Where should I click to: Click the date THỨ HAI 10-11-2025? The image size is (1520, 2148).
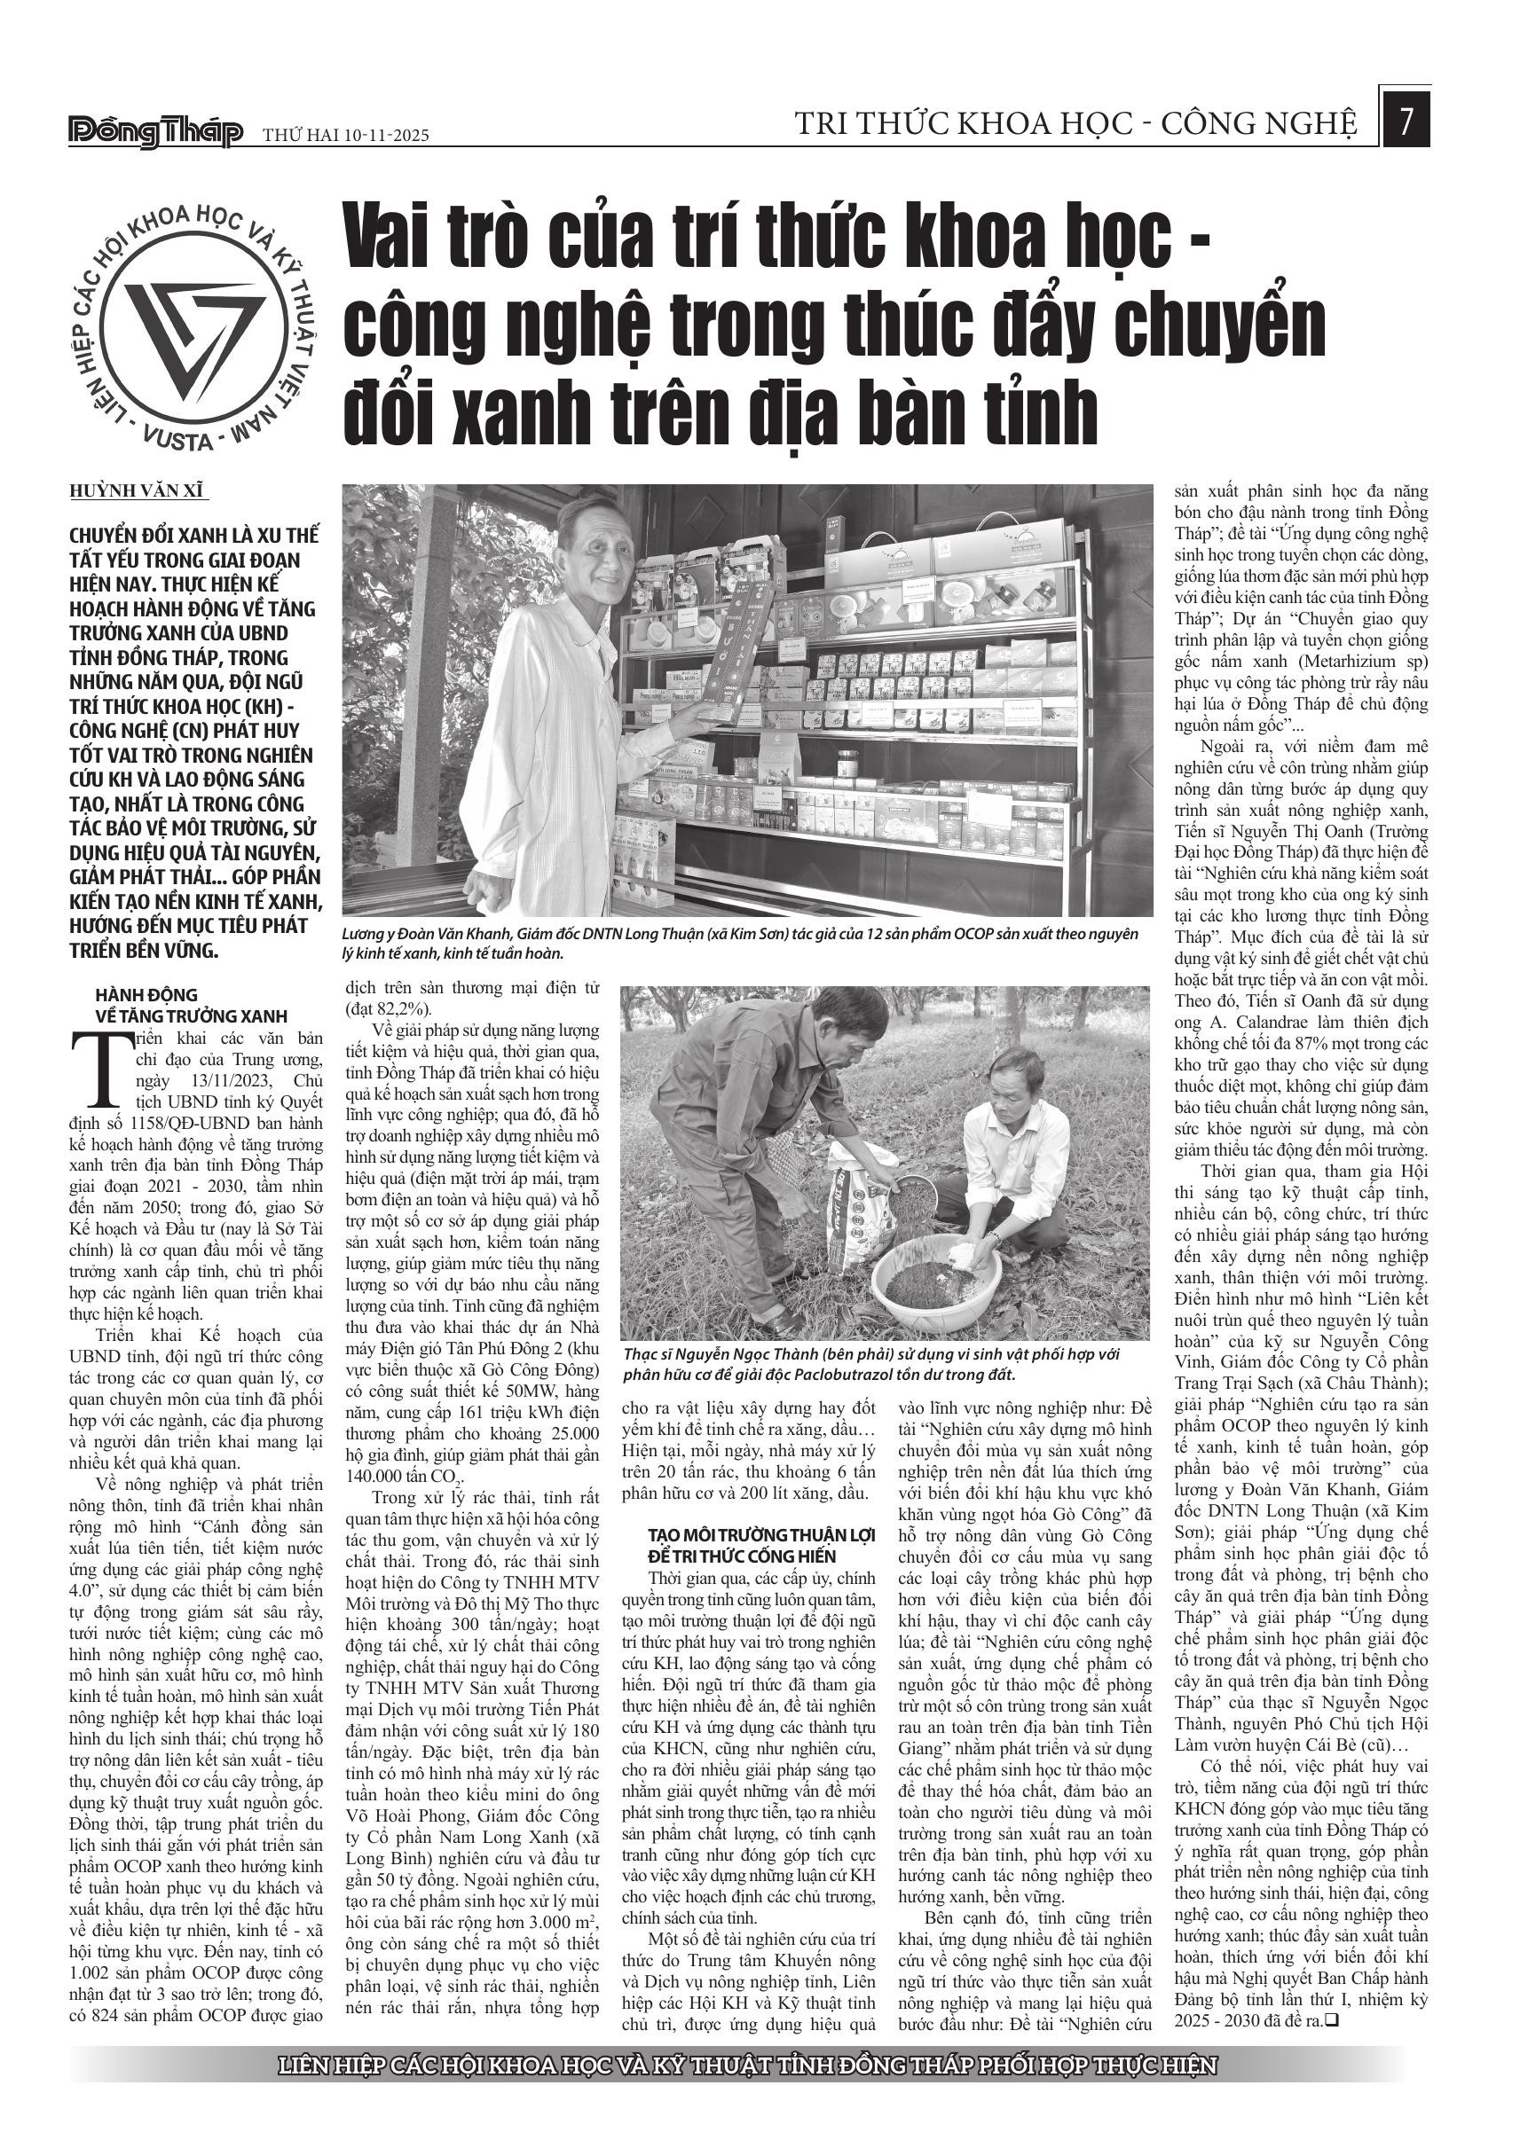(344, 136)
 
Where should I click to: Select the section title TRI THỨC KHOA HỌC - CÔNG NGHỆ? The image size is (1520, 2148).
(1075, 123)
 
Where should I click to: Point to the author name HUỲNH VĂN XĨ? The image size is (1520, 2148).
(137, 490)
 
